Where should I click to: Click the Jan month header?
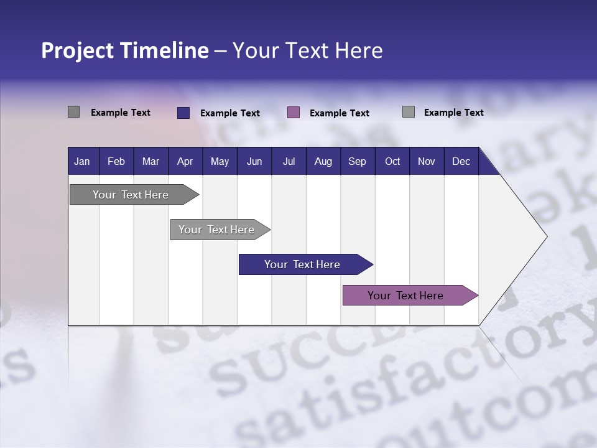click(82, 161)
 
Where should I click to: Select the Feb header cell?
click(116, 161)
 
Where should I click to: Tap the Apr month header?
click(185, 161)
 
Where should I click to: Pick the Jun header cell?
click(254, 161)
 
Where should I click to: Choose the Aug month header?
click(323, 161)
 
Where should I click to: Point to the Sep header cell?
click(357, 161)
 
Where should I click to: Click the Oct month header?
click(392, 161)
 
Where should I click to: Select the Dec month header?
click(461, 161)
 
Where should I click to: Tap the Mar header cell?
click(150, 161)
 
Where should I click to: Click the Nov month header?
click(426, 161)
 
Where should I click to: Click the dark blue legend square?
click(183, 113)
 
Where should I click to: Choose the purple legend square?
click(294, 113)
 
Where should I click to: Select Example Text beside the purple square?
click(340, 113)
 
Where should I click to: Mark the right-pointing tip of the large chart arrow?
click(545, 236)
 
